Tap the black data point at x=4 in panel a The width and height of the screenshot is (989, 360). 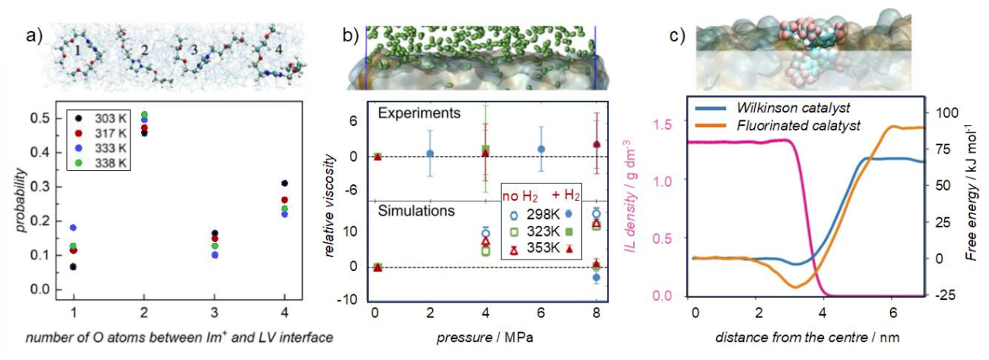(284, 183)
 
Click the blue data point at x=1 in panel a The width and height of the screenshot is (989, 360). (73, 227)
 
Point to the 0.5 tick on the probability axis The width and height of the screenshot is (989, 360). (40, 118)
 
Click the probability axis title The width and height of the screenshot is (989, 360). (21, 200)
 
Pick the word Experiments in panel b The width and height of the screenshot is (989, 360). (419, 113)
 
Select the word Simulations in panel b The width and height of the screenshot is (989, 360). (416, 211)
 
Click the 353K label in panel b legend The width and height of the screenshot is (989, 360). (543, 248)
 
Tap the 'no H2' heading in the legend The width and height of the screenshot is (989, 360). (520, 197)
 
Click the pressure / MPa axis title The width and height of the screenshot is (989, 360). (484, 337)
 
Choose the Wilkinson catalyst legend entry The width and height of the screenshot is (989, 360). (792, 108)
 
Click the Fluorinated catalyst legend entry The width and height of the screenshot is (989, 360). (798, 126)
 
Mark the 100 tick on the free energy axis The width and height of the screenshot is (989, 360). (947, 113)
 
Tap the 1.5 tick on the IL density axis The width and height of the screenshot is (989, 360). (662, 125)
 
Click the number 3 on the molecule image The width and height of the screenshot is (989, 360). (194, 50)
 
